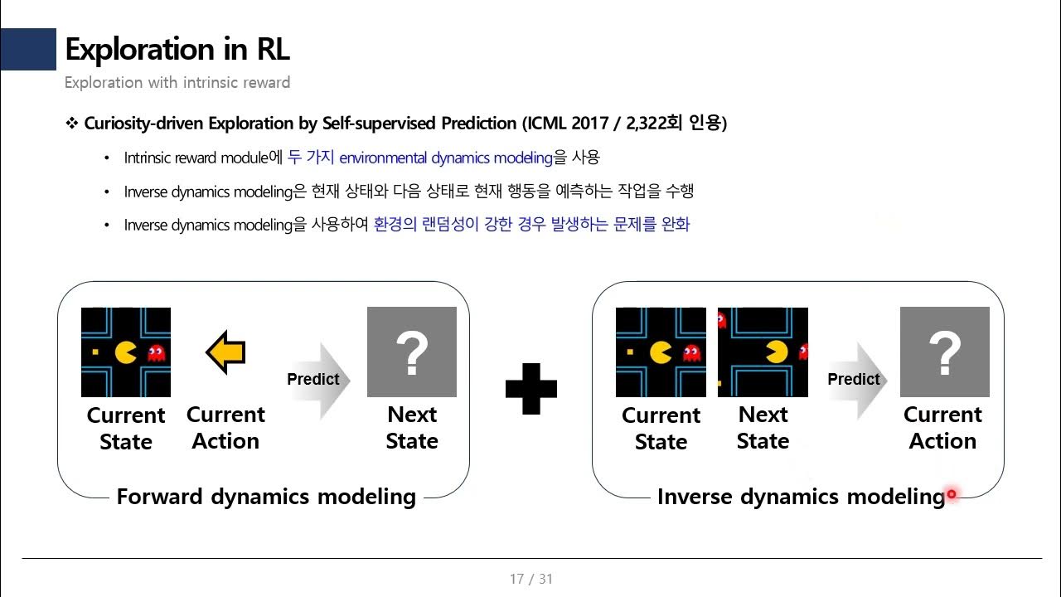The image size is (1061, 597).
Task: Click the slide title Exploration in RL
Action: [x=177, y=50]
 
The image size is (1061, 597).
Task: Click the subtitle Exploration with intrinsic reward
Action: [x=177, y=82]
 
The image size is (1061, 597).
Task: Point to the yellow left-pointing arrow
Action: [x=225, y=352]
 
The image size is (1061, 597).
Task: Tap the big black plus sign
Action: [x=530, y=387]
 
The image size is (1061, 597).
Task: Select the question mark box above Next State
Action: [x=411, y=352]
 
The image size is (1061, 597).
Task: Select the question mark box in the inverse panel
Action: [x=944, y=352]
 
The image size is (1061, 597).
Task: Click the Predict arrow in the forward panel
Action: [x=317, y=380]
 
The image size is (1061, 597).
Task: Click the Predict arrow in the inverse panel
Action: [x=857, y=380]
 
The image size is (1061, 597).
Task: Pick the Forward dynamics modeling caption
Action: [x=266, y=497]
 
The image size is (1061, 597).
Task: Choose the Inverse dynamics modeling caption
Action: [x=800, y=497]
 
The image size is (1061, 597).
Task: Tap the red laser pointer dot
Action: [x=952, y=494]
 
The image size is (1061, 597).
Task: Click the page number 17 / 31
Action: [x=530, y=579]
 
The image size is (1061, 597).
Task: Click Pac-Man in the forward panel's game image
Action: [x=125, y=353]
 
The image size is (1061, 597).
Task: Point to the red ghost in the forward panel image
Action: [x=155, y=354]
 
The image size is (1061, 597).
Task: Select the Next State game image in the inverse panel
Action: [x=763, y=352]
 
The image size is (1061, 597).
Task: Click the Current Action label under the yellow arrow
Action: [x=225, y=428]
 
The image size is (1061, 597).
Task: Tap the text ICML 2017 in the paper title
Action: [x=571, y=124]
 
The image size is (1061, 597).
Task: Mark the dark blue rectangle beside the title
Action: [x=27, y=50]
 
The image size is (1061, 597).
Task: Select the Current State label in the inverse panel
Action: [x=661, y=428]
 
